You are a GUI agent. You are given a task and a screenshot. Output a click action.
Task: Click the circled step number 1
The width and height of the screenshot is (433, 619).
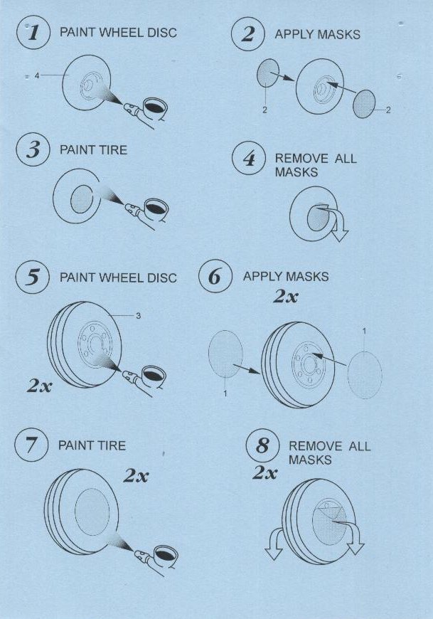coord(33,32)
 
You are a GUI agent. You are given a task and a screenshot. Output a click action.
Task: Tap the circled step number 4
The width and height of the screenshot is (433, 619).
coord(248,158)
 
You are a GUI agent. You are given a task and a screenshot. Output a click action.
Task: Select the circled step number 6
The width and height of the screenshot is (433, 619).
coord(215,276)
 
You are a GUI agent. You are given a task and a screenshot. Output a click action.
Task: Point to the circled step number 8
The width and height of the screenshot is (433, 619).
coord(262,445)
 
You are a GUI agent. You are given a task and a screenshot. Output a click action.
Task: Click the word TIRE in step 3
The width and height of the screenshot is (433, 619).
coord(114,150)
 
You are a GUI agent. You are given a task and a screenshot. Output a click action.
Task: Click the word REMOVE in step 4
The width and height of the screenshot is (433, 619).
coord(301,158)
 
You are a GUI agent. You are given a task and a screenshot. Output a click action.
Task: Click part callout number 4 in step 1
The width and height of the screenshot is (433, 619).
coord(37,75)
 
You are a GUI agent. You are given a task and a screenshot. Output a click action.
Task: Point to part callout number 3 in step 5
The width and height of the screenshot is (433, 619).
coord(138,315)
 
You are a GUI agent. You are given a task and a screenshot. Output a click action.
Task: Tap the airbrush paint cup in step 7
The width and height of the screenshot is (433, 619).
coord(165,555)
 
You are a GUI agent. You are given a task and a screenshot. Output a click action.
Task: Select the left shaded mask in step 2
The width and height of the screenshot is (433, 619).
coord(268,73)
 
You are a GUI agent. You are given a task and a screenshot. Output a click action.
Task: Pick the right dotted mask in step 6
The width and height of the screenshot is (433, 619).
coord(365,375)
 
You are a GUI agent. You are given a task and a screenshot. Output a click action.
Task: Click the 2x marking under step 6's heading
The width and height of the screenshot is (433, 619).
coord(286,296)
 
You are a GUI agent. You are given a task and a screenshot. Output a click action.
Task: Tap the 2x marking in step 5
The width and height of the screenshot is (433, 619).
coord(39,386)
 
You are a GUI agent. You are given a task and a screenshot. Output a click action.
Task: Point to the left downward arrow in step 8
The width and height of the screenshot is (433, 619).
coord(274,544)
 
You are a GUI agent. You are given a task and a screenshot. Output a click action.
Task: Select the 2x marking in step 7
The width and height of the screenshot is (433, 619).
coord(136,476)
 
